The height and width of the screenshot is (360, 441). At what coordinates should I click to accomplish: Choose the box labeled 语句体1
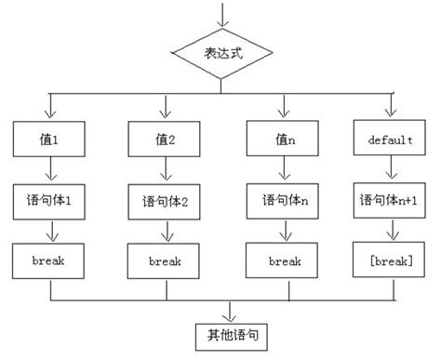point(50,199)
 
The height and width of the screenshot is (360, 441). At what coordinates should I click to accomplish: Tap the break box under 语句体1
point(50,261)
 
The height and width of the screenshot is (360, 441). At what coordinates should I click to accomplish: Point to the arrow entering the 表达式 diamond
point(220,13)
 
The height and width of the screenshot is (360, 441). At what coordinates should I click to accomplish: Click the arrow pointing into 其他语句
point(221,310)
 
